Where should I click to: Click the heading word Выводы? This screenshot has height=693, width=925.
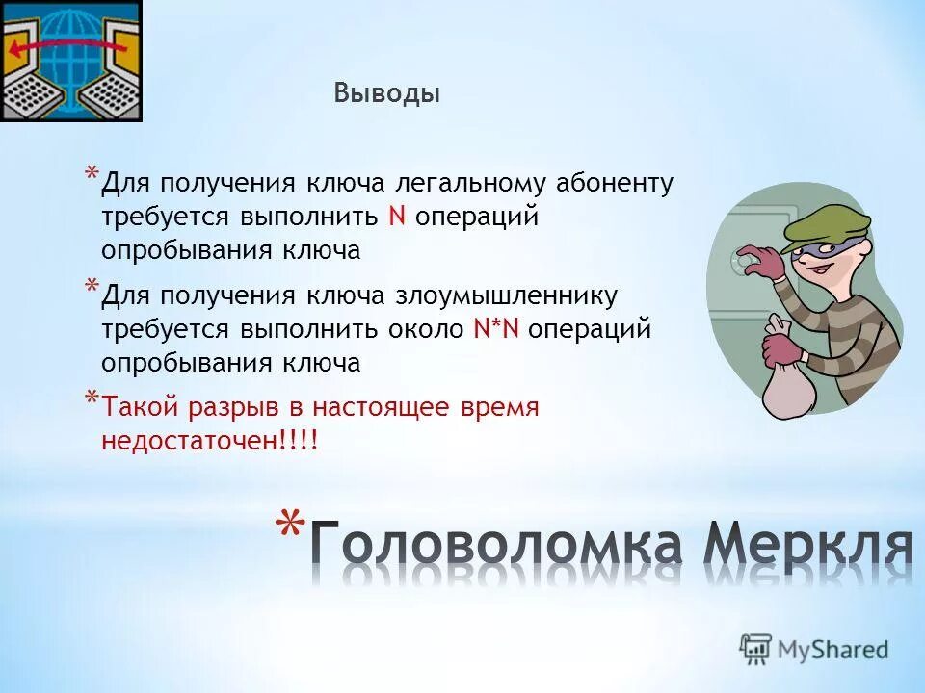point(387,93)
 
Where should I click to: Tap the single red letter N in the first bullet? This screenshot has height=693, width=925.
point(396,217)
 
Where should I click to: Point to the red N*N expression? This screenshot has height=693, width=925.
point(496,329)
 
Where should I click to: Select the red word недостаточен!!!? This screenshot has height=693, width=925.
point(209,441)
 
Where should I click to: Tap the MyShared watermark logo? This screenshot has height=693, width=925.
point(814,649)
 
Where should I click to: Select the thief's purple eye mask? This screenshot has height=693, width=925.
point(828,251)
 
